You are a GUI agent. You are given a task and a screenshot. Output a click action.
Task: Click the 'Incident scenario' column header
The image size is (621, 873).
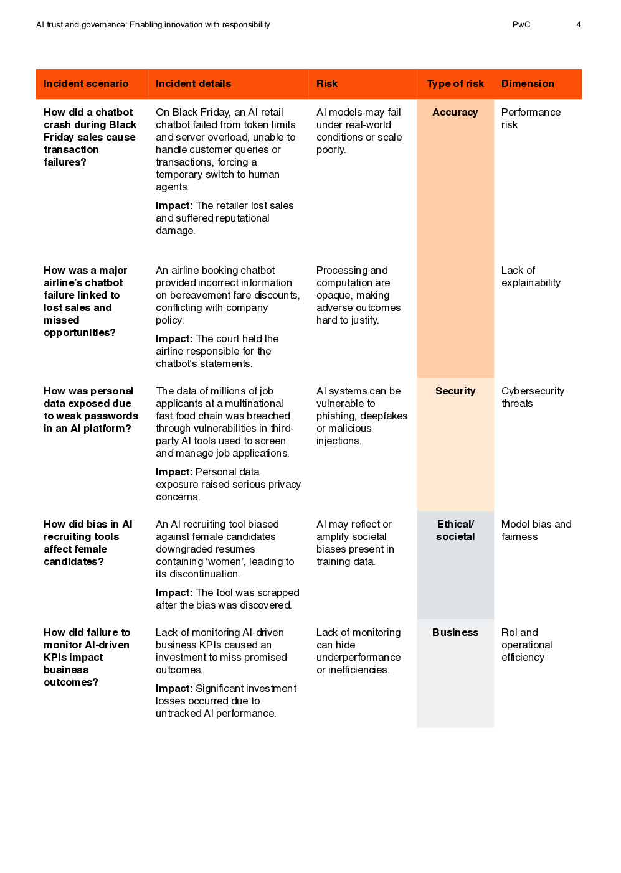coord(86,84)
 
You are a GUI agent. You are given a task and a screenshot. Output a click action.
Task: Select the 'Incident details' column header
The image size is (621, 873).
coord(193,84)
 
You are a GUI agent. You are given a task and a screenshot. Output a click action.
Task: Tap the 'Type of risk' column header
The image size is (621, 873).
coord(455,84)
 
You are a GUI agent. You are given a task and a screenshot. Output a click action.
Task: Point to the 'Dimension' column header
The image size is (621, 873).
coord(528,84)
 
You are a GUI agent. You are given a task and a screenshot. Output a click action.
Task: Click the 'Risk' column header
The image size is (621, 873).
coord(327,84)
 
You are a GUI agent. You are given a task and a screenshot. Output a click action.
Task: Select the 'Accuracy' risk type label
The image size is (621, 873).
coord(455,113)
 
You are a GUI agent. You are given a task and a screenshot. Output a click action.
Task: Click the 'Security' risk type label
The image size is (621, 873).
coord(455,391)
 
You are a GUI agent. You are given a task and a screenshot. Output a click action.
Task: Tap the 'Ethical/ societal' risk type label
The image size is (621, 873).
coord(455,531)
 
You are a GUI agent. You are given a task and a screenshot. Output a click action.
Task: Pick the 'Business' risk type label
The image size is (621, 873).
coord(455,633)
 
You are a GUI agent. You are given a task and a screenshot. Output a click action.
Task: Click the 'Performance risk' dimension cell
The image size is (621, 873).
coord(531,119)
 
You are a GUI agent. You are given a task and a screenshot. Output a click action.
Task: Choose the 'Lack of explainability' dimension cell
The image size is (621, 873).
coord(531,277)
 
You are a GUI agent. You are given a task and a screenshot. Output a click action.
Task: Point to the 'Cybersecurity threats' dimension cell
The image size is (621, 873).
coord(533,398)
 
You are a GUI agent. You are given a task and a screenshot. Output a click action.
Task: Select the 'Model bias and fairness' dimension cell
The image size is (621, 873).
coord(536,531)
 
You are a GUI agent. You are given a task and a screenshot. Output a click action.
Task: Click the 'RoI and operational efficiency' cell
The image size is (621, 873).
coord(526,645)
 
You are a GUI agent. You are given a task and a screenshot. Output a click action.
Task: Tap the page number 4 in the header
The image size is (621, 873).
coord(579,25)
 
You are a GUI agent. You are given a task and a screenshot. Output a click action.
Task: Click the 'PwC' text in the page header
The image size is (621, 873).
coord(521,25)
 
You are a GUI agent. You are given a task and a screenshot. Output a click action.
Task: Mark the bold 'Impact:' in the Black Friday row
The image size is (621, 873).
coord(174,206)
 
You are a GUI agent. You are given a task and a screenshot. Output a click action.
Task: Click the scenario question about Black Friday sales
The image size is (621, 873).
coord(90,138)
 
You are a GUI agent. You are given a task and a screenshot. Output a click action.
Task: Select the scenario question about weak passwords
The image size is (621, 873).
coord(91,410)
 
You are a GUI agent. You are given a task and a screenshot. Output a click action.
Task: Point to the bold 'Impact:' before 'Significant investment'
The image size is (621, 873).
coord(174,689)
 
